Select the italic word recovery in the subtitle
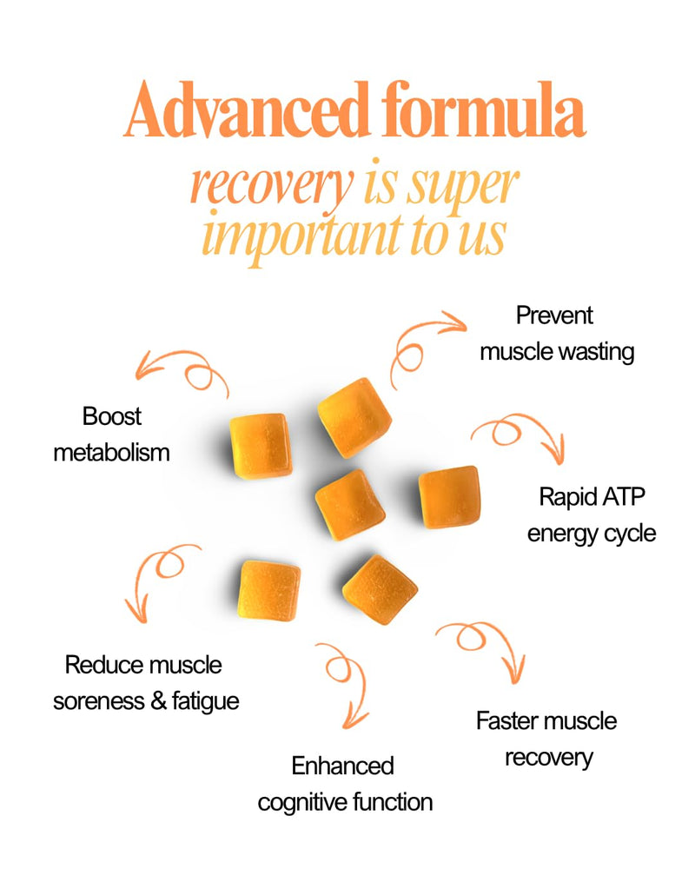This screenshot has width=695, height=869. click(272, 186)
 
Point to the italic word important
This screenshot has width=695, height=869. click(302, 236)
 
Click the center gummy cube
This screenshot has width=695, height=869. click(350, 505)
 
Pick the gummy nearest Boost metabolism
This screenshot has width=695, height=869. click(261, 446)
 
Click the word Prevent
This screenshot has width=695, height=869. click(554, 315)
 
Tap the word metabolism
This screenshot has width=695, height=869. click(111, 453)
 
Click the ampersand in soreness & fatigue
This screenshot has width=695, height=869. click(158, 701)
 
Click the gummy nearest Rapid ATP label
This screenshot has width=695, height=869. click(449, 497)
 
